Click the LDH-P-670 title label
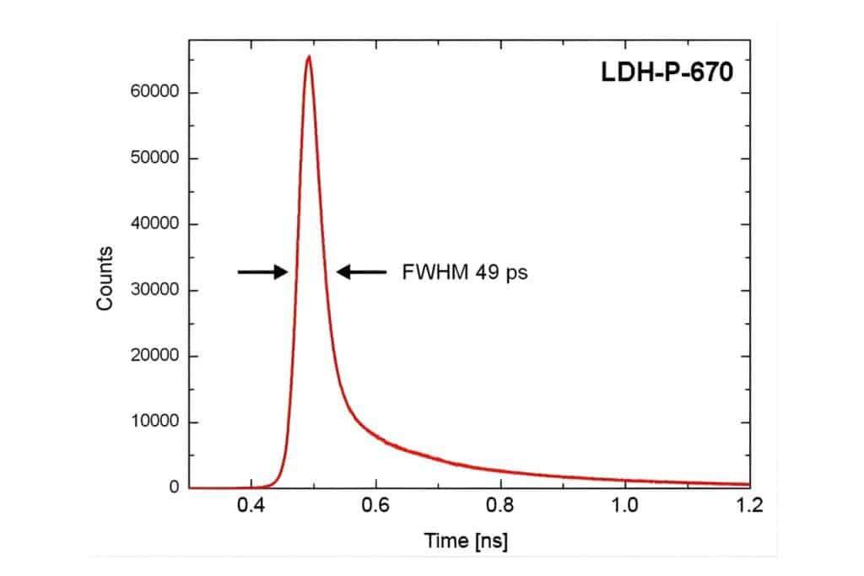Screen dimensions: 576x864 click(x=661, y=73)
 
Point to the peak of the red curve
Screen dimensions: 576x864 click(x=309, y=57)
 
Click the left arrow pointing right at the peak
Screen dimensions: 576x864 click(x=262, y=272)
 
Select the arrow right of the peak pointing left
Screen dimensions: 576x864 click(x=362, y=272)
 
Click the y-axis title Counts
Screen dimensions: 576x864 click(x=105, y=278)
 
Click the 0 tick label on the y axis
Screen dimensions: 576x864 click(x=175, y=487)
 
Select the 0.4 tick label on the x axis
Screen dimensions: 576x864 click(x=251, y=506)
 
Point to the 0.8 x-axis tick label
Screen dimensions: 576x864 click(x=500, y=506)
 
